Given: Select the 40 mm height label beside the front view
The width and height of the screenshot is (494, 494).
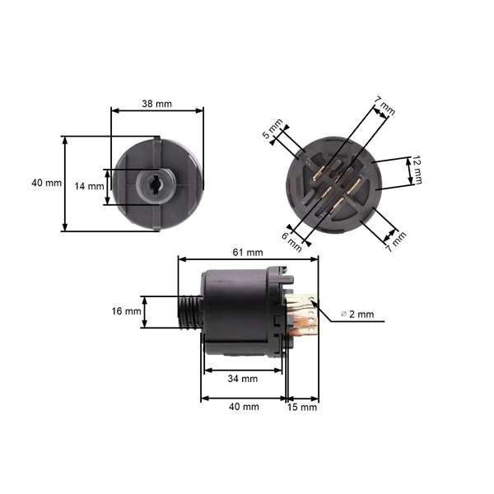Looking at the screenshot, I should pyautogui.click(x=46, y=183).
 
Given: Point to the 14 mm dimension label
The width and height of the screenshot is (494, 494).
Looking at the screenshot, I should pyautogui.click(x=89, y=186).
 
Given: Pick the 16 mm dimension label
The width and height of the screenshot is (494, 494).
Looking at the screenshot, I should pyautogui.click(x=126, y=311).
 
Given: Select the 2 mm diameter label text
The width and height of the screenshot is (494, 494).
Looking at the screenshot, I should pyautogui.click(x=361, y=315).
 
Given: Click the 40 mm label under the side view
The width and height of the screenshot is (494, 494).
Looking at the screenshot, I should pyautogui.click(x=243, y=407).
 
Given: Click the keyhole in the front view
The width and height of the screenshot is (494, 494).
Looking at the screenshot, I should pyautogui.click(x=154, y=184).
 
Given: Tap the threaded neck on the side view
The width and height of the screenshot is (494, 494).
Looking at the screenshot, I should pyautogui.click(x=189, y=312).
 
